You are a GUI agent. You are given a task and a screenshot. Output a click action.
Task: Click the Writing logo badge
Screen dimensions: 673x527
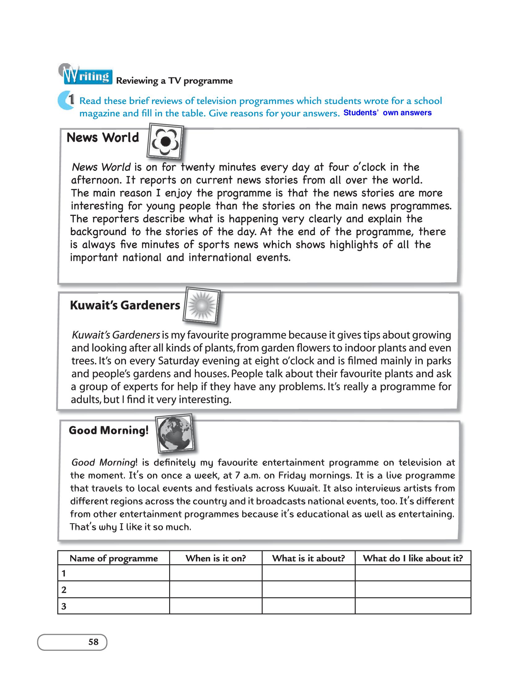86,75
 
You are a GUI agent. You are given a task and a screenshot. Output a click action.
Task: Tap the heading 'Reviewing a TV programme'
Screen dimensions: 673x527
174,81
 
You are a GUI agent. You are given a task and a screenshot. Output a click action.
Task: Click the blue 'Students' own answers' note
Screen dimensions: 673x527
387,113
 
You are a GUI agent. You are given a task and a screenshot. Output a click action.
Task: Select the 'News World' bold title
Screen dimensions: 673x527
103,138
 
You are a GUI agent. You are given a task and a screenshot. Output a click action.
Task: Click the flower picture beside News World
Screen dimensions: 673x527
165,142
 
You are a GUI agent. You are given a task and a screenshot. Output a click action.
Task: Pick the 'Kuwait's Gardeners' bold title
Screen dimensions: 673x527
125,305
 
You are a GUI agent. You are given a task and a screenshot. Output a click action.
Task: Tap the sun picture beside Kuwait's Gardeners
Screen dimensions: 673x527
202,306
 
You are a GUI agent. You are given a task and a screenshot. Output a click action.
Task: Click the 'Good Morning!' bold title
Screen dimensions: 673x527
108,430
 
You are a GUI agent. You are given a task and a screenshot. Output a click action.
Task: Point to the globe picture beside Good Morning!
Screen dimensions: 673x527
175,433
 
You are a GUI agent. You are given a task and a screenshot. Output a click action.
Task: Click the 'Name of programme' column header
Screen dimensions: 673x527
114,558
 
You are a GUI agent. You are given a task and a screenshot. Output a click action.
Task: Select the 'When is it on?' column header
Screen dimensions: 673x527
216,558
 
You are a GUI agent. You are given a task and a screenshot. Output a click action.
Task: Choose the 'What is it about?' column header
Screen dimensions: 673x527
309,558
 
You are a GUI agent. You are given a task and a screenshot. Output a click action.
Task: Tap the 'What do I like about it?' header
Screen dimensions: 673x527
413,558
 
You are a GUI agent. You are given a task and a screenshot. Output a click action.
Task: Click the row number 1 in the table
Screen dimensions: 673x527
64,574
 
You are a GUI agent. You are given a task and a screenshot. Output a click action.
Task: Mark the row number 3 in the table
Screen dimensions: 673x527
64,606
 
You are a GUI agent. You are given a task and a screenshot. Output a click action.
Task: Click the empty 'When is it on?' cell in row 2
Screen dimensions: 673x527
216,590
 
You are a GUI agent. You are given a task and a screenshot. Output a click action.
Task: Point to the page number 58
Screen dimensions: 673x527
93,642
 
